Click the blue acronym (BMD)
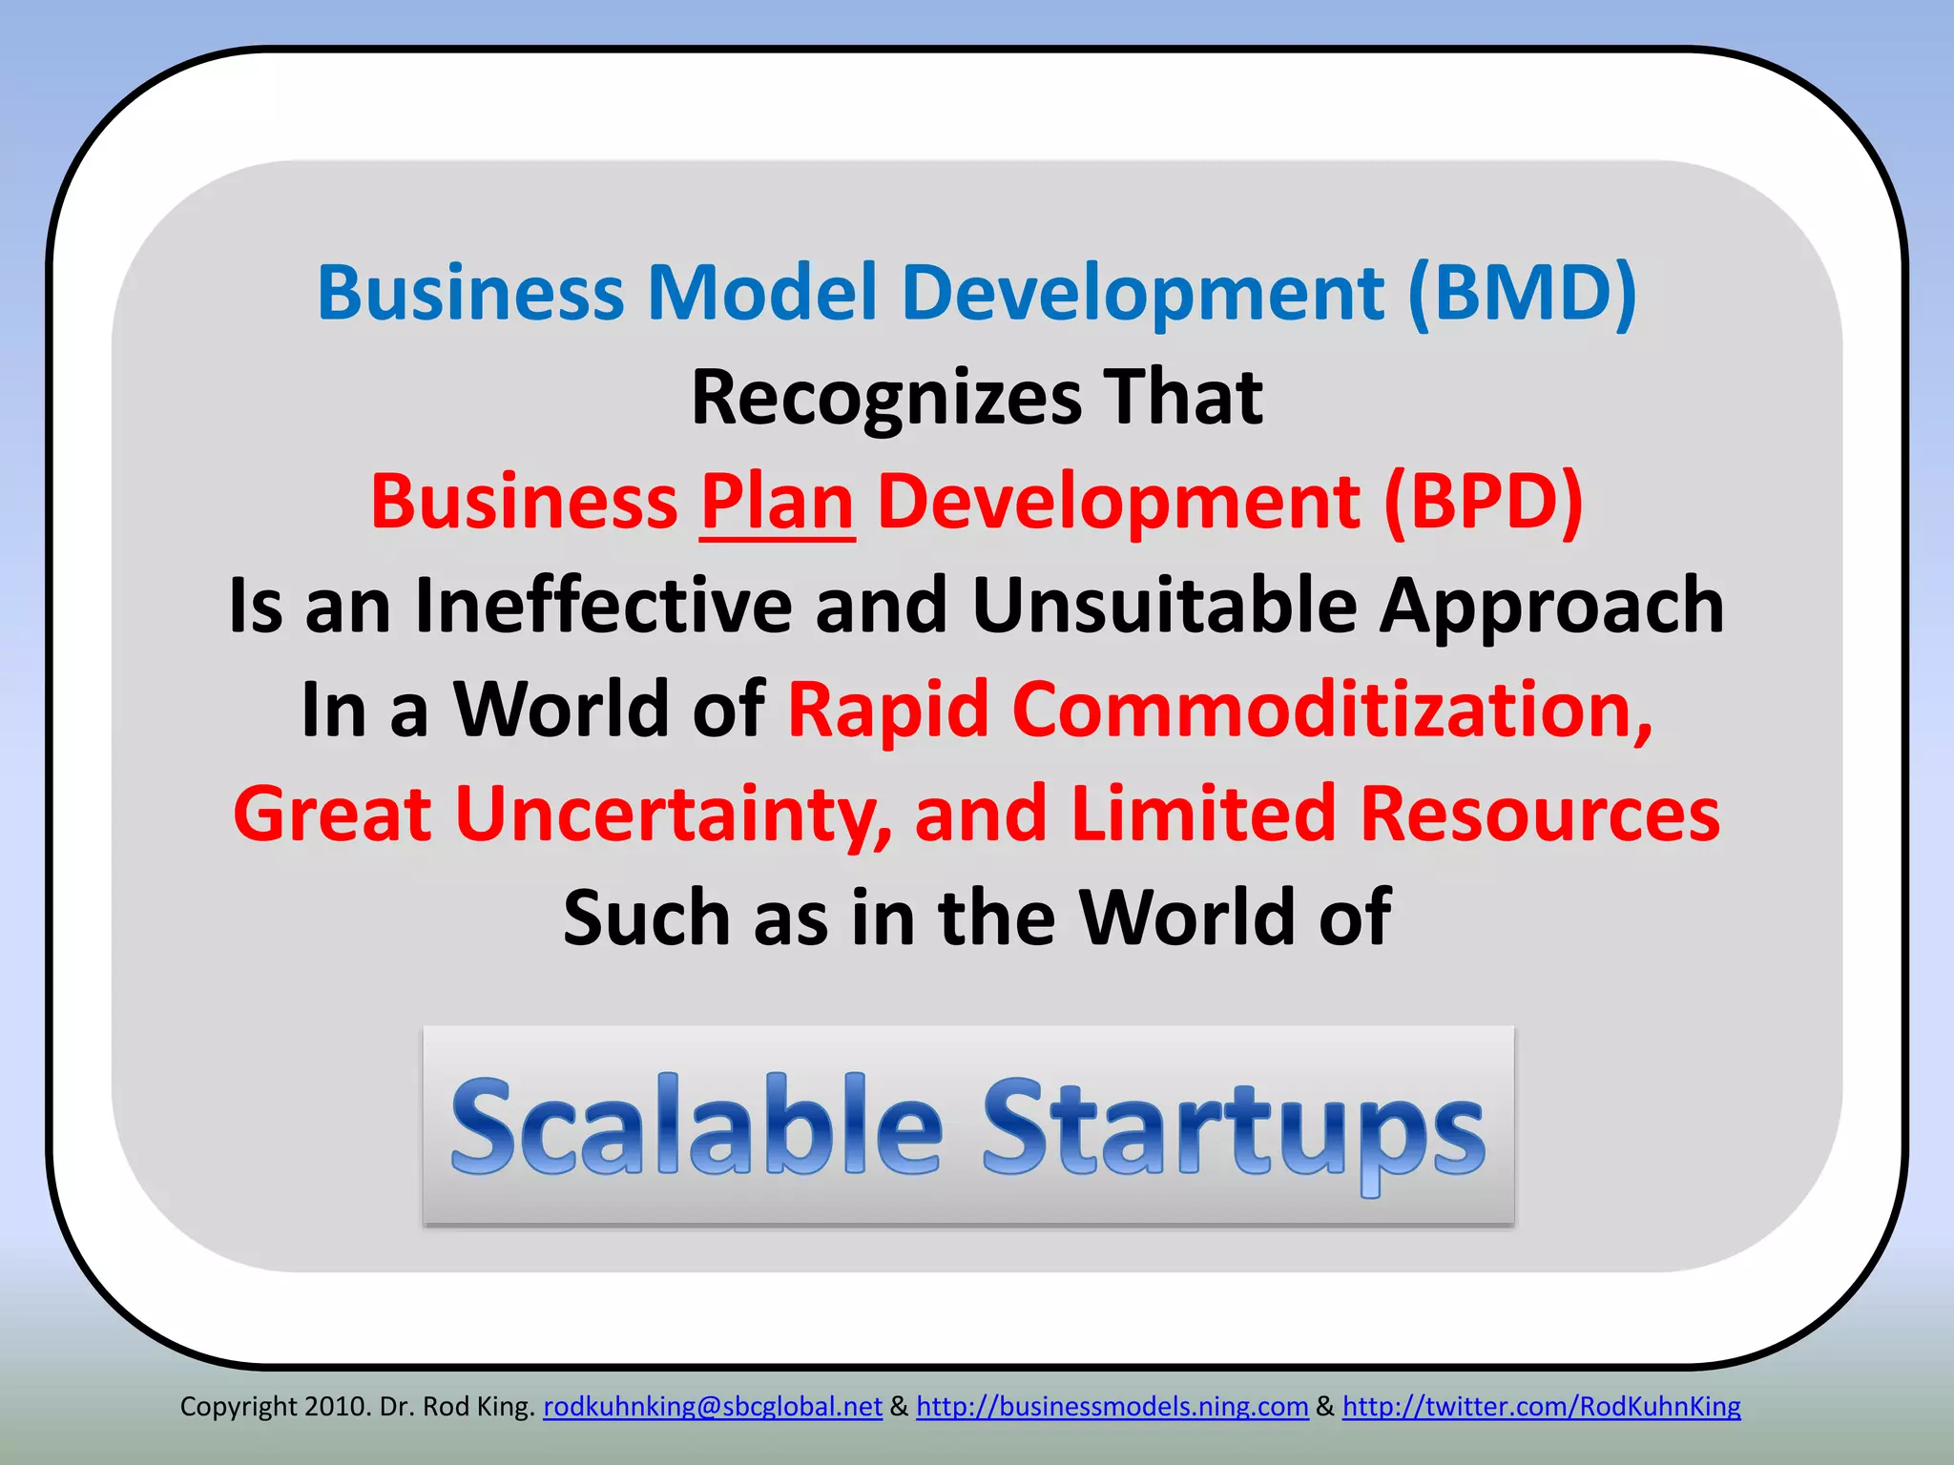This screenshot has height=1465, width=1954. [x=1523, y=293]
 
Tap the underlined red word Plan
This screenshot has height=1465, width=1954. [x=778, y=502]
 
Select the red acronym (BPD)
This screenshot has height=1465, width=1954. [x=1484, y=502]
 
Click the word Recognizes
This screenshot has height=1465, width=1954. [x=886, y=398]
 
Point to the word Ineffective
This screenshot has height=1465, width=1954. [x=603, y=606]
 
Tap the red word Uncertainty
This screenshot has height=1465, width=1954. [x=674, y=815]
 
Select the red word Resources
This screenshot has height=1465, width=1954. [x=1539, y=815]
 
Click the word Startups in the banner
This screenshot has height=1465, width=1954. [x=1234, y=1126]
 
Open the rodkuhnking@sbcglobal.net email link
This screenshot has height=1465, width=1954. [x=713, y=1407]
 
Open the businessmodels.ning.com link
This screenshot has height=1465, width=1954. [x=1112, y=1407]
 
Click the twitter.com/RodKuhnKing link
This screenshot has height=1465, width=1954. [x=1541, y=1407]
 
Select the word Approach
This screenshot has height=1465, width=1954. [x=1551, y=606]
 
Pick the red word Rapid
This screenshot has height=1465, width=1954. [x=887, y=710]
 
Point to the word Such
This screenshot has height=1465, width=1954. [x=647, y=918]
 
